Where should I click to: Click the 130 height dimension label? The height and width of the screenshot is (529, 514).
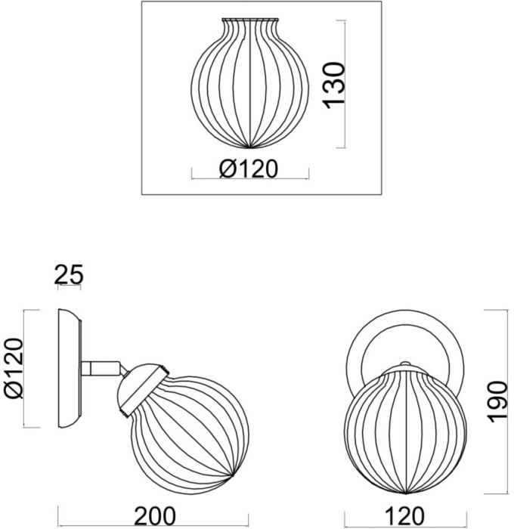pos(335,85)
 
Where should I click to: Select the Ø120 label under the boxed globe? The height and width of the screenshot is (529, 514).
pos(249,169)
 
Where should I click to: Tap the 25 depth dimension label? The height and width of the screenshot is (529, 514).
pos(69,274)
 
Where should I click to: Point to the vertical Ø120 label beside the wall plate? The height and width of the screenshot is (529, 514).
pos(14,369)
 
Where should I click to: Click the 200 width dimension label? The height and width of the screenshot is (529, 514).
pos(155,516)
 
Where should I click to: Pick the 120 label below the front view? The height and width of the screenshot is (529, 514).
pos(404,516)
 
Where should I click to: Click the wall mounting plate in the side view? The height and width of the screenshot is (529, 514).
pos(70,369)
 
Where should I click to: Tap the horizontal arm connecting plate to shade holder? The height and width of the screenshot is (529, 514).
pos(101,368)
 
